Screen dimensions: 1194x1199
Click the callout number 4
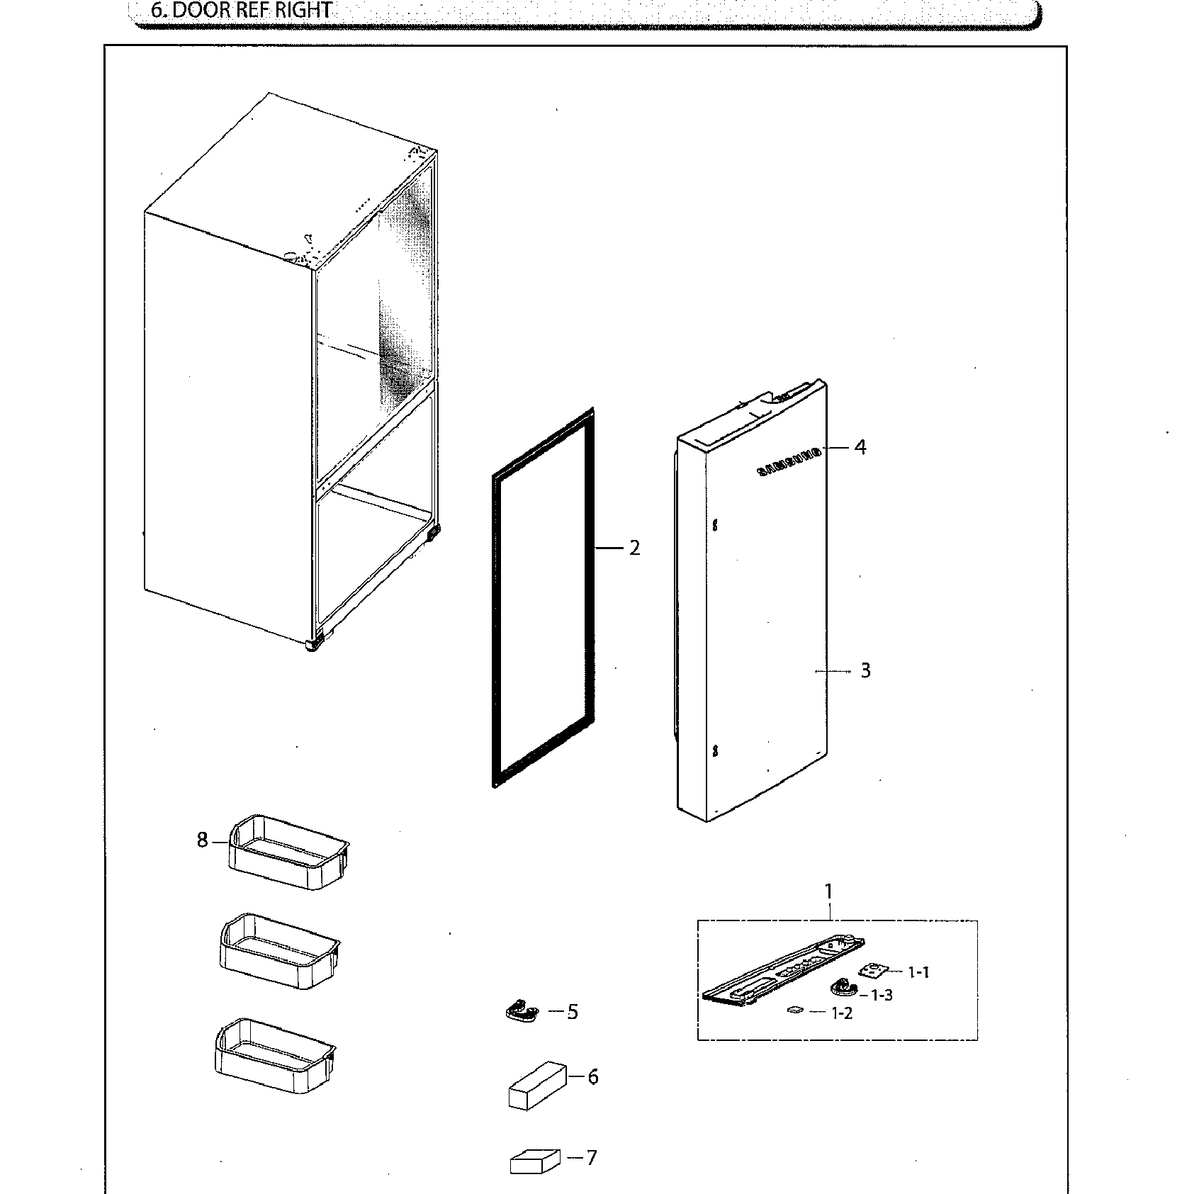tap(860, 447)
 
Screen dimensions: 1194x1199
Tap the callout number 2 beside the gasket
tap(634, 548)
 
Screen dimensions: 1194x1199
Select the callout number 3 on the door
tap(865, 670)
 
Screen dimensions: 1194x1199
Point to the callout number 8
tap(203, 840)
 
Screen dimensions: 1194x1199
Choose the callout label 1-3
tap(882, 995)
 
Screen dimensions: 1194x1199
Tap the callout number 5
tap(573, 1012)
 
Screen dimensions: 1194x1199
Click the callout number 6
tap(592, 1076)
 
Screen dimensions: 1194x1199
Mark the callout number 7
tap(591, 1158)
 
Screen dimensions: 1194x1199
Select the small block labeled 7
tap(533, 1163)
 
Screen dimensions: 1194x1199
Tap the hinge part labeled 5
tap(522, 1012)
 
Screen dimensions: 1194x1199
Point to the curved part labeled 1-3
tap(843, 988)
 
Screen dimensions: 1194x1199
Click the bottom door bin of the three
tap(274, 1056)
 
